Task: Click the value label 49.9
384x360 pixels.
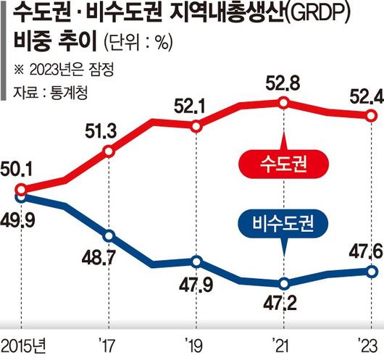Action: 22,217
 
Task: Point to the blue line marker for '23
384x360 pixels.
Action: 370,271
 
